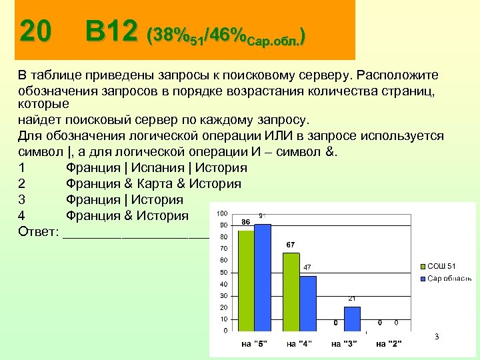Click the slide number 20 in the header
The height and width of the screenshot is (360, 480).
pos(35,31)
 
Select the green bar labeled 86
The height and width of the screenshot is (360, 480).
pos(247,280)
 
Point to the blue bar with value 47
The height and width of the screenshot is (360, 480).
pos(308,303)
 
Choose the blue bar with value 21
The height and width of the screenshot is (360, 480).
pos(352,318)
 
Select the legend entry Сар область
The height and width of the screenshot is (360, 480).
pos(448,278)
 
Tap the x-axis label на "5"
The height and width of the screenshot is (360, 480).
pos(255,344)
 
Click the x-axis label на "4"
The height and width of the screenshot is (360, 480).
pos(300,344)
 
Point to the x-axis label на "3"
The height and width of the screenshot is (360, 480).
pos(344,344)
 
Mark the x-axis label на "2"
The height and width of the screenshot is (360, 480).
pos(389,344)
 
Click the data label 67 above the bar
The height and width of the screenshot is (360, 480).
pos(291,245)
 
